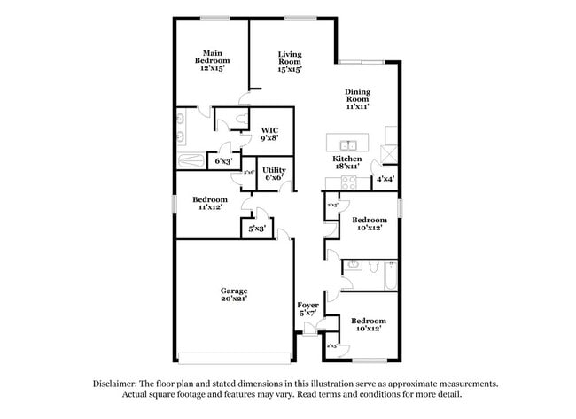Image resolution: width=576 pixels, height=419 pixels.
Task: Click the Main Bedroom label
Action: click(212, 60)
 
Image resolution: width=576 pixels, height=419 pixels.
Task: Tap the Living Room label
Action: click(289, 60)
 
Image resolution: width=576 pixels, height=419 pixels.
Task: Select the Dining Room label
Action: click(357, 98)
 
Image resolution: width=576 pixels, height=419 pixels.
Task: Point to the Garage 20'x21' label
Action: click(234, 295)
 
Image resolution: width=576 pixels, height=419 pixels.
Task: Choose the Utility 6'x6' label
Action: click(273, 173)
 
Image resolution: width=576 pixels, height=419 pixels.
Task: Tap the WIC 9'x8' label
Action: click(270, 133)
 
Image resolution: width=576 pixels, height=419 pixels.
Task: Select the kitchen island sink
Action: click(347, 144)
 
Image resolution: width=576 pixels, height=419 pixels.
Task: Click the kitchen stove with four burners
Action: click(346, 183)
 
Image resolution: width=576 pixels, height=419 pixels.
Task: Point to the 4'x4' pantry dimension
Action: click(385, 178)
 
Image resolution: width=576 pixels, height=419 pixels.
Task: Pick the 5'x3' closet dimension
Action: click(257, 229)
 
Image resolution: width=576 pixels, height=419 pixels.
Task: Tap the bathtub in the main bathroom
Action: click(191, 161)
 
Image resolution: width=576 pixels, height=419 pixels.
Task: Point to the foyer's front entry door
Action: click(309, 331)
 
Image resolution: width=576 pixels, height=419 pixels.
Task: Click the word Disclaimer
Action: click(117, 384)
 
